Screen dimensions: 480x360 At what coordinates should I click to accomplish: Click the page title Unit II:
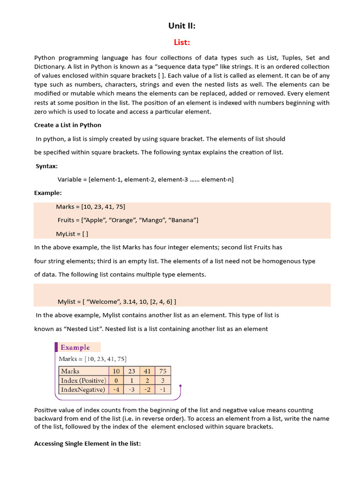[x=181, y=26]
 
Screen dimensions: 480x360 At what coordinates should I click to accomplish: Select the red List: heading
[x=181, y=42]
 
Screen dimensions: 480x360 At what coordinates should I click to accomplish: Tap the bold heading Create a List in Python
[x=67, y=125]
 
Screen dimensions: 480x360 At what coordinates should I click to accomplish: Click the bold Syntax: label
[x=46, y=166]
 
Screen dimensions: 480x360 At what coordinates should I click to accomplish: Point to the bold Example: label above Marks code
[x=48, y=193]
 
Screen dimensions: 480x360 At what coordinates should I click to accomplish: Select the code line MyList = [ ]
[x=72, y=233]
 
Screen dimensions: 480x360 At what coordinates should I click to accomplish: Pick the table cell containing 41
[x=147, y=371]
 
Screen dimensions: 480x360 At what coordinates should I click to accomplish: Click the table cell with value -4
[x=116, y=390]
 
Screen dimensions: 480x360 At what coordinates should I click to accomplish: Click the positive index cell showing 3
[x=163, y=380]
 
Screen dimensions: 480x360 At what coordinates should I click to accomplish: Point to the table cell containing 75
[x=163, y=371]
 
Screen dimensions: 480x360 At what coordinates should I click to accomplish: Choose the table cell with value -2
[x=147, y=390]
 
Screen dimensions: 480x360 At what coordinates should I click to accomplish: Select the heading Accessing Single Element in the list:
[x=87, y=443]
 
